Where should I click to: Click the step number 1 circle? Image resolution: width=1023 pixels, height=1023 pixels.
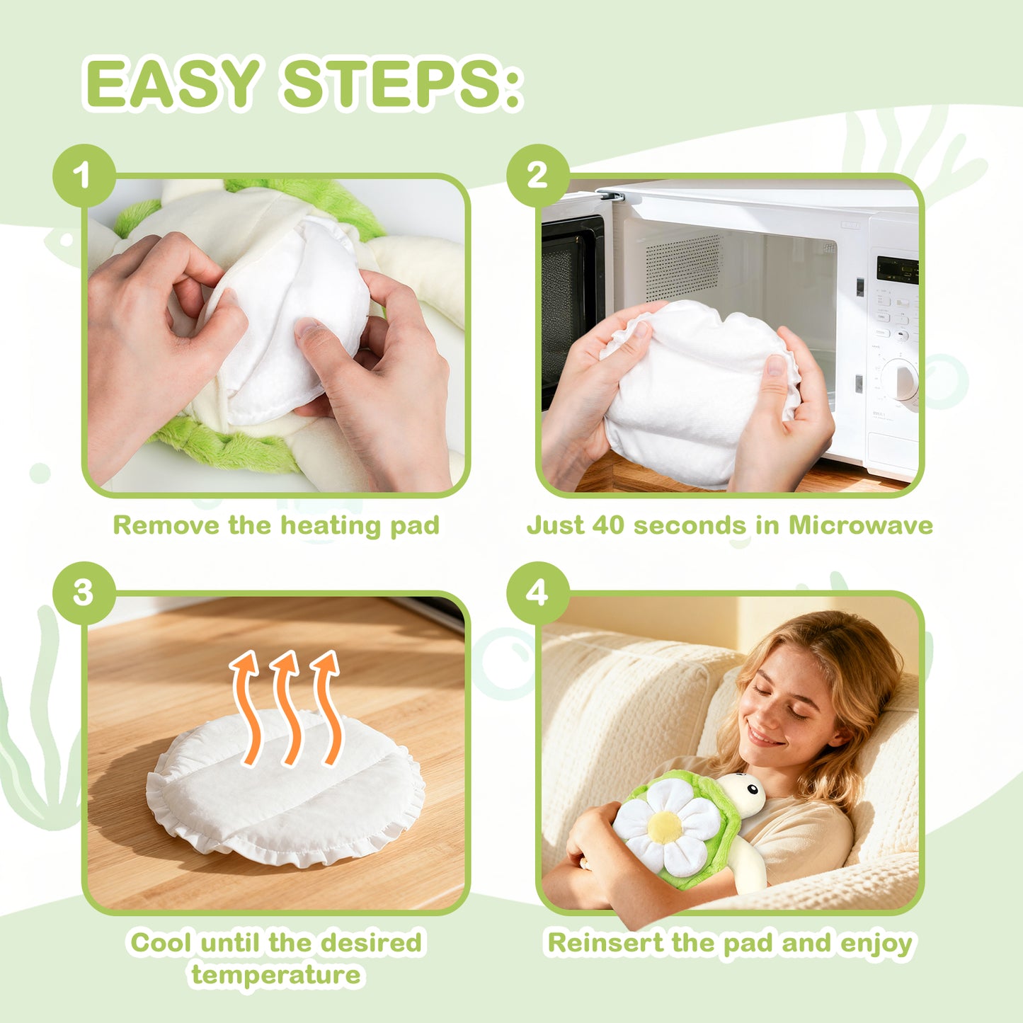[x=84, y=175]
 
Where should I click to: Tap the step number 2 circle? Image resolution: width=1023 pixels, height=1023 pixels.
[x=538, y=175]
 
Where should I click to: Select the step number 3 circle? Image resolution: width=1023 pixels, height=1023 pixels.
[x=84, y=593]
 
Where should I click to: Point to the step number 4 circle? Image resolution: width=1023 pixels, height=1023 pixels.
[x=538, y=593]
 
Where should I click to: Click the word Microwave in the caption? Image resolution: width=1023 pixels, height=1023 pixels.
[x=861, y=525]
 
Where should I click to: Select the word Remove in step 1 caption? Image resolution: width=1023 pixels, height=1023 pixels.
[x=166, y=525]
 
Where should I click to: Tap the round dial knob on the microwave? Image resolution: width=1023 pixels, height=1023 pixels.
[x=901, y=379]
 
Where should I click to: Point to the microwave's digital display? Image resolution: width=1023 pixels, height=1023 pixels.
[x=897, y=270]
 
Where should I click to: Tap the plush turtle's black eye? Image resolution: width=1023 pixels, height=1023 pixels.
[x=752, y=791]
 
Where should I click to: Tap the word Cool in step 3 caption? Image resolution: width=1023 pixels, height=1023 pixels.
[x=161, y=943]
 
